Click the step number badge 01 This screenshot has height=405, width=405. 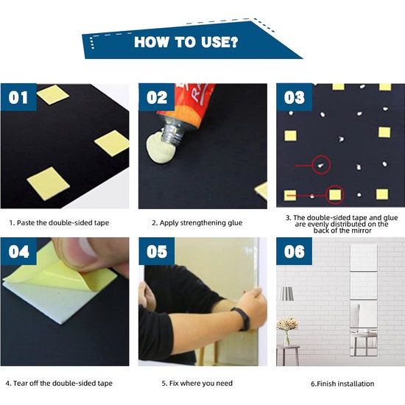18,97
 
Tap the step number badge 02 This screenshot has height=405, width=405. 157,97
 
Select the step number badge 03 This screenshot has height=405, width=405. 295,97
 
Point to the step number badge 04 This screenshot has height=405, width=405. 18,251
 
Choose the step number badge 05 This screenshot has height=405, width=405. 157,251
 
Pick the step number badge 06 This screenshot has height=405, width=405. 295,251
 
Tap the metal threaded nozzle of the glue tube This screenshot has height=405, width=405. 173,132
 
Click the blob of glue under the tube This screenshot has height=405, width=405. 159,149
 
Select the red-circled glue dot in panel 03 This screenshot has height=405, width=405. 321,165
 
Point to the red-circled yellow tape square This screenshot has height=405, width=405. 335,194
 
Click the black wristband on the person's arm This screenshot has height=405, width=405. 242,319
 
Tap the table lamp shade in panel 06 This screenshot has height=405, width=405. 286,294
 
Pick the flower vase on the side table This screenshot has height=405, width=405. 286,338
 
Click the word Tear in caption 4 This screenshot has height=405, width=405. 20,383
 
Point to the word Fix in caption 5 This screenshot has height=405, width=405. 174,383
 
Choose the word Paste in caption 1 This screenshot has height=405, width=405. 26,222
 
